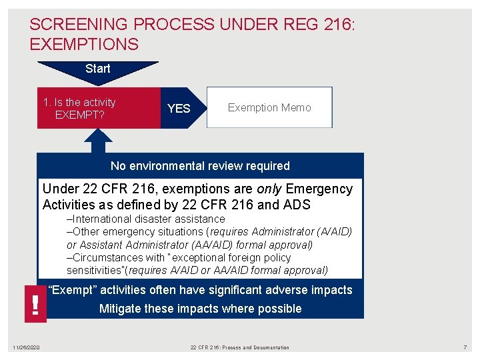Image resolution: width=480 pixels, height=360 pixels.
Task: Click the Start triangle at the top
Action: (x=98, y=69)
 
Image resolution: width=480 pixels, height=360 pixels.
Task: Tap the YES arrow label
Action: (x=178, y=108)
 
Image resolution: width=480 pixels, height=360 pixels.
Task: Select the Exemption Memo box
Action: (x=269, y=107)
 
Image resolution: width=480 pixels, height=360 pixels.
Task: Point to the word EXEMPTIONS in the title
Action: (x=84, y=45)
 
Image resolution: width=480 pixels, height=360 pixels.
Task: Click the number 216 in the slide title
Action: (x=334, y=25)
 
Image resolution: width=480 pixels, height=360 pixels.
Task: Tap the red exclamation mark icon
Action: (x=35, y=304)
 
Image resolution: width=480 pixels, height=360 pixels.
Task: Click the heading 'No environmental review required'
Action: (x=200, y=166)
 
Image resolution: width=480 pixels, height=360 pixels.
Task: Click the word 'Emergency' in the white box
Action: (x=319, y=189)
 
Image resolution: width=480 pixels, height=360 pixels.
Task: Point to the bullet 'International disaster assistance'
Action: (x=146, y=219)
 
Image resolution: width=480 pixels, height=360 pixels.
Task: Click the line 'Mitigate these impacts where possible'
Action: (x=200, y=309)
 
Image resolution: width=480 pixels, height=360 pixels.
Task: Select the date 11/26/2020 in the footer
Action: (x=26, y=347)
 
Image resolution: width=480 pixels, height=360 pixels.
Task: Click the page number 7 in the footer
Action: (x=465, y=347)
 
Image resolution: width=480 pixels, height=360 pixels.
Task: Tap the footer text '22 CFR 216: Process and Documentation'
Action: (x=239, y=347)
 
